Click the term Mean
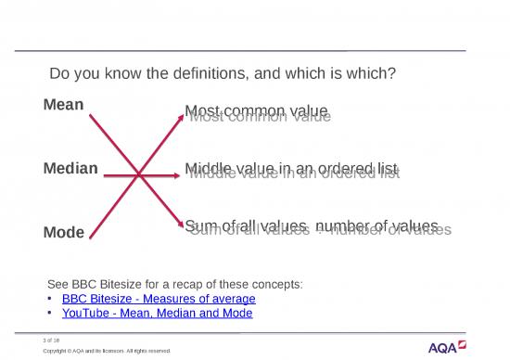click(64, 105)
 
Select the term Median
click(71, 168)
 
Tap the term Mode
click(64, 231)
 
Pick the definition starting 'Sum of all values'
click(312, 227)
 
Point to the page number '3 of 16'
click(64, 341)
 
